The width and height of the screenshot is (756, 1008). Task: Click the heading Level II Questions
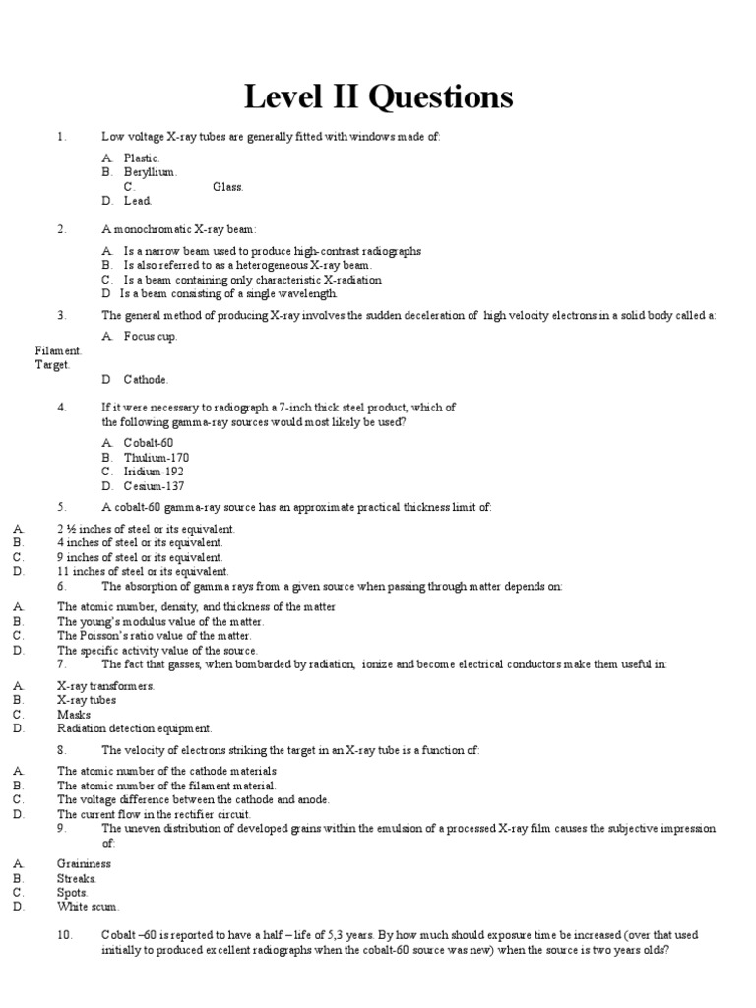click(378, 97)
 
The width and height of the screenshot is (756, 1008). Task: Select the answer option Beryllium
click(150, 172)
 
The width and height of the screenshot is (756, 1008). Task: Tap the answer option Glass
click(227, 186)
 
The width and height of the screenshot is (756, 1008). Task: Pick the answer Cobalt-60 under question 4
click(149, 443)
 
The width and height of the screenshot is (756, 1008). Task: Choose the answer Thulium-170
click(156, 458)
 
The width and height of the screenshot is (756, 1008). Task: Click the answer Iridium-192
click(154, 472)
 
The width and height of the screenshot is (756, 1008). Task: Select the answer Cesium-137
click(154, 486)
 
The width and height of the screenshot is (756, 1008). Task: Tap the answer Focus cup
click(151, 336)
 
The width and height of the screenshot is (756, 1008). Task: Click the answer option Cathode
click(146, 379)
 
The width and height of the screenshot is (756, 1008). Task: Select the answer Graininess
click(84, 864)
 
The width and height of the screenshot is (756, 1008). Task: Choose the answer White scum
click(88, 907)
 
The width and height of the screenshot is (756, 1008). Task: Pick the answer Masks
click(74, 715)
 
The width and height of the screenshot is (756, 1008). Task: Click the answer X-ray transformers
click(105, 686)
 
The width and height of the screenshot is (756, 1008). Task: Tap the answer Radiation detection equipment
click(134, 728)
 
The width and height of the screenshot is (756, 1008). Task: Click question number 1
click(61, 136)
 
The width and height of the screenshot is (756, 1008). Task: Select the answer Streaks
click(77, 878)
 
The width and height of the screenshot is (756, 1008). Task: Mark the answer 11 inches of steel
click(142, 571)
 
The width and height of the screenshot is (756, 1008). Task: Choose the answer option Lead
click(137, 201)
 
